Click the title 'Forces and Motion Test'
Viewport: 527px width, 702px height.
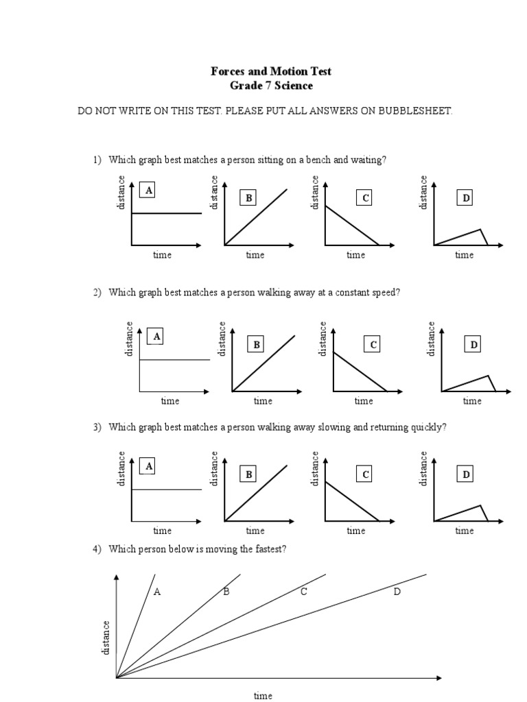click(x=270, y=71)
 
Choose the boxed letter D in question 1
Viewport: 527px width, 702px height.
click(x=466, y=198)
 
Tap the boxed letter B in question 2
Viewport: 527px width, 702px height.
click(x=257, y=344)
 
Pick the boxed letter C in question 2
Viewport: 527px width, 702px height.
click(x=373, y=344)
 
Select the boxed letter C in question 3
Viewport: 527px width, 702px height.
click(x=366, y=474)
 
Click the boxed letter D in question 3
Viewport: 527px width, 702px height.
click(x=466, y=474)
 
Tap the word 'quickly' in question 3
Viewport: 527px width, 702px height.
click(x=427, y=427)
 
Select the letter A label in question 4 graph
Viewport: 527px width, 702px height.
click(x=157, y=592)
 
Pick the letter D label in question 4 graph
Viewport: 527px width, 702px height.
click(x=397, y=592)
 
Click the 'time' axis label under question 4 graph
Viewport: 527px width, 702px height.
click(x=263, y=695)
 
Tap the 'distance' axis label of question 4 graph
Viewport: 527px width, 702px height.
click(x=106, y=638)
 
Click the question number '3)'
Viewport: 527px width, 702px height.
click(x=97, y=427)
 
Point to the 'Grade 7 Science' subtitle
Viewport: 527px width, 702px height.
click(x=270, y=86)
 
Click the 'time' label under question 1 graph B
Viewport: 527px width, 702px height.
click(x=255, y=255)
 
